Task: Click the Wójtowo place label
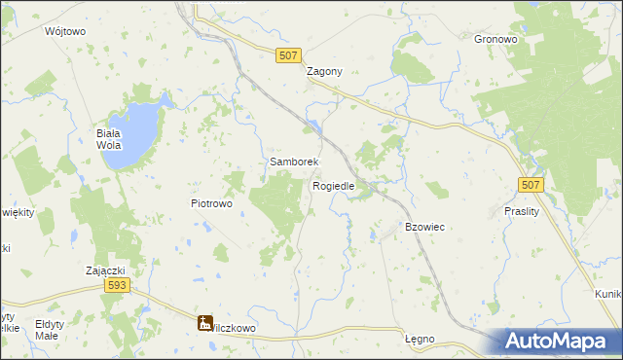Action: click(66, 31)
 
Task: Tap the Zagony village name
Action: click(324, 71)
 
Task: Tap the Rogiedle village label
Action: click(333, 185)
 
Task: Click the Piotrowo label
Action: click(210, 203)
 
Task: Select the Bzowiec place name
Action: click(424, 227)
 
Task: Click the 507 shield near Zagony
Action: click(287, 56)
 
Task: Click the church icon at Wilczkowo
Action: click(205, 322)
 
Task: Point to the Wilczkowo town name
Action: click(235, 328)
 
